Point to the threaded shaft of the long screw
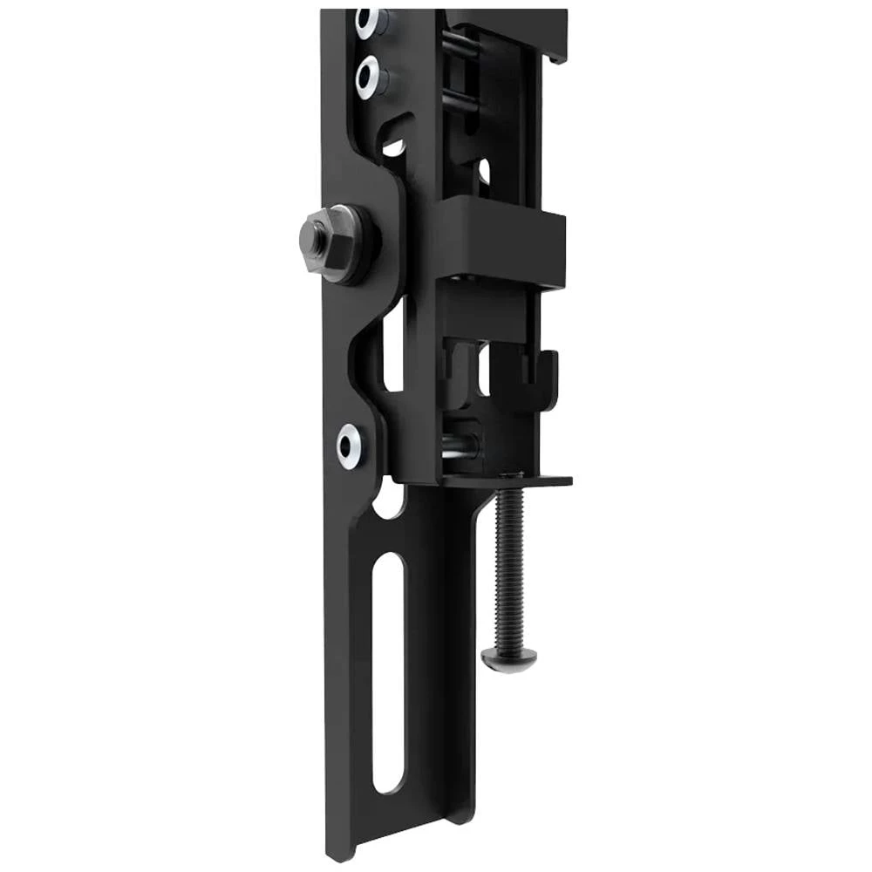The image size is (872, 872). [505, 567]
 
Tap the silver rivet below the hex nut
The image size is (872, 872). [351, 446]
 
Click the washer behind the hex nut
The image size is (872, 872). [353, 244]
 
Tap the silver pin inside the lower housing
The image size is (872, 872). [458, 445]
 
